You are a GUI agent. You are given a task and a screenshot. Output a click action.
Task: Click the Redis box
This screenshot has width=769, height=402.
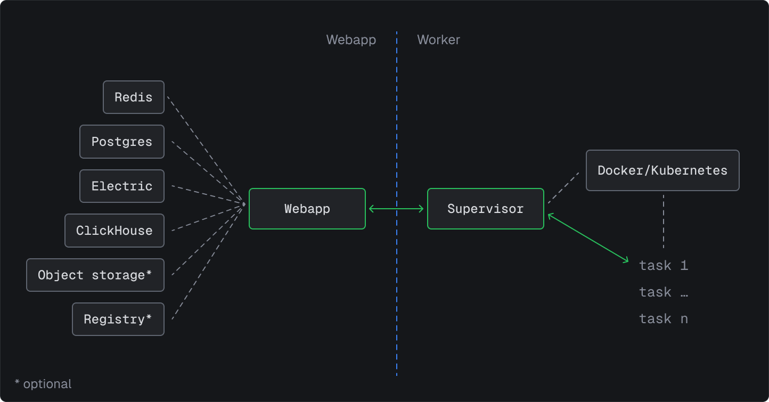134,97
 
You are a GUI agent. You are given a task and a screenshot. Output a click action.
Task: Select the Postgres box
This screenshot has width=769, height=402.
122,142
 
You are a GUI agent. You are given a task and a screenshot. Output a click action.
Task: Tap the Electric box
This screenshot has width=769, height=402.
122,186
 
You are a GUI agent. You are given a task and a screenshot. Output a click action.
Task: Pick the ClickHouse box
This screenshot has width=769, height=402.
114,231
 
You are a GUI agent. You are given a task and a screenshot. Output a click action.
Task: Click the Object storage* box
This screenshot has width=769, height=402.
95,275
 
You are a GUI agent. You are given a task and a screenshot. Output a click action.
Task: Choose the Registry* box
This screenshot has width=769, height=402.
118,319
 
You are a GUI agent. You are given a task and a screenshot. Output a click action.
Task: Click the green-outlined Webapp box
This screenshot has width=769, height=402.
307,209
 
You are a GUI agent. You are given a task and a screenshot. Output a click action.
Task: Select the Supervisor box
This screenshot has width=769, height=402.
485,209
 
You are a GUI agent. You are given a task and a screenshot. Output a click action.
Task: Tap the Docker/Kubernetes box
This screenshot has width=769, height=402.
662,170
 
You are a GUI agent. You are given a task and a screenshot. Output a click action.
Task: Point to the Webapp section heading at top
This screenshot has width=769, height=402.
351,40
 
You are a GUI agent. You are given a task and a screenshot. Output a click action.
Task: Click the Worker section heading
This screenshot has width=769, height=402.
438,40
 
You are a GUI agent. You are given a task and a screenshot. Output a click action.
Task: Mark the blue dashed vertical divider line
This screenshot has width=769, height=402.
397,293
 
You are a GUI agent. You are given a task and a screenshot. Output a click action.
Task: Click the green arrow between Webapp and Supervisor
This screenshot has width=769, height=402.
397,209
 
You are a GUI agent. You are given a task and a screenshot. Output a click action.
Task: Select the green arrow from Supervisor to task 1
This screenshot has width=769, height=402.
588,238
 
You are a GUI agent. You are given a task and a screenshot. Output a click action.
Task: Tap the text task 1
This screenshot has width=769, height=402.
664,265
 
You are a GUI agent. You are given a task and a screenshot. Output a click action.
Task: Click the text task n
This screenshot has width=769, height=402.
664,319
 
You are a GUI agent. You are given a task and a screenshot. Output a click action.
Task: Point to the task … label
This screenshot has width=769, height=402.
664,292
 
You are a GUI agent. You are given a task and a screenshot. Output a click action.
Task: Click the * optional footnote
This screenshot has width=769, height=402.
43,384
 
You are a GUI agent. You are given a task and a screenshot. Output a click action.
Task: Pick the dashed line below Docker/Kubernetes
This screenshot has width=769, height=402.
663,221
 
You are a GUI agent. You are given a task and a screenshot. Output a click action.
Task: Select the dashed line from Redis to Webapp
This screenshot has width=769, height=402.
205,149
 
